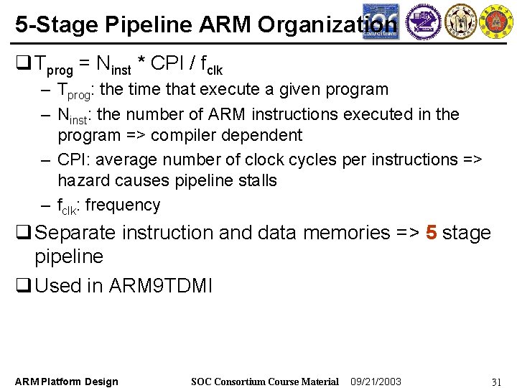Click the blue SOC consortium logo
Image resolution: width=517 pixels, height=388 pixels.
click(380, 20)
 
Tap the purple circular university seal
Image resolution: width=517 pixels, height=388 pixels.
click(424, 21)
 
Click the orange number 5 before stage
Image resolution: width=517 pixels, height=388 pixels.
click(431, 233)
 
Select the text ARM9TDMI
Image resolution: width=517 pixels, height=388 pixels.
click(160, 285)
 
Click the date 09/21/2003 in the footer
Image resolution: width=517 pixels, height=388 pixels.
click(376, 382)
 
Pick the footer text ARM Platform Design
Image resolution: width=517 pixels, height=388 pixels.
click(67, 382)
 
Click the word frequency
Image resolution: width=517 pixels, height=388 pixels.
click(122, 205)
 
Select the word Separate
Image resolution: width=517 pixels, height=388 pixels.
click(76, 233)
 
